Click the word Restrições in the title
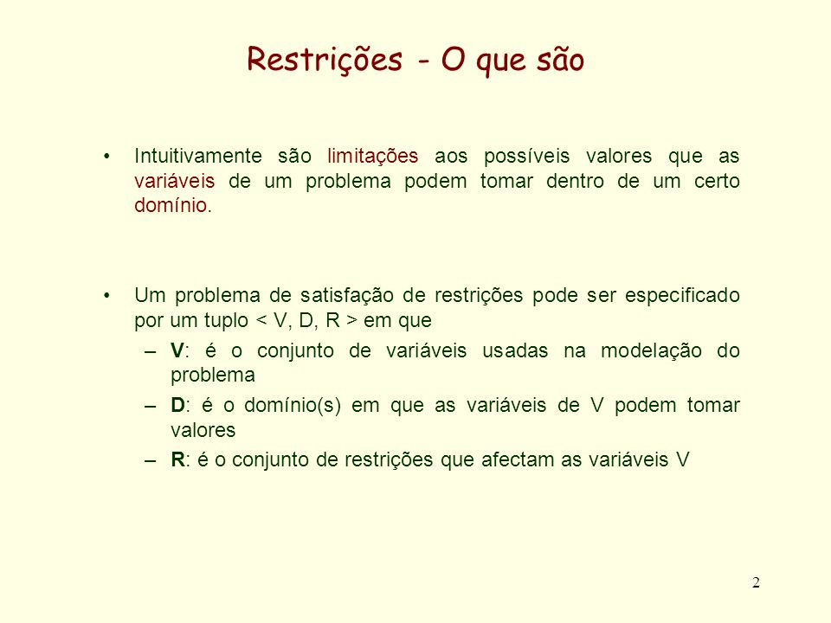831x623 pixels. (325, 60)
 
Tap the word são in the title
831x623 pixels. (560, 59)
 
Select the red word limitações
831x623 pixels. (372, 157)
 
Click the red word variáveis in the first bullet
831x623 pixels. (174, 181)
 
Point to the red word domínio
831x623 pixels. (171, 205)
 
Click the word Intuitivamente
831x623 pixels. (198, 157)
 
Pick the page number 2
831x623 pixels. (756, 582)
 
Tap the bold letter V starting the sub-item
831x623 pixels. (177, 350)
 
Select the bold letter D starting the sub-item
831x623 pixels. (177, 405)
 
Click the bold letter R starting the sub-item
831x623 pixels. (177, 459)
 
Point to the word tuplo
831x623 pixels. (226, 321)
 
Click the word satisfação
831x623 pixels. (346, 296)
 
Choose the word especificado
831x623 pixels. (682, 296)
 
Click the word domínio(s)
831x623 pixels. (292, 406)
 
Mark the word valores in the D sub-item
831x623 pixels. (203, 430)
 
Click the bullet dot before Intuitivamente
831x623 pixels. (107, 157)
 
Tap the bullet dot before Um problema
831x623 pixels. (107, 296)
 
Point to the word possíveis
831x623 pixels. (526, 157)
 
